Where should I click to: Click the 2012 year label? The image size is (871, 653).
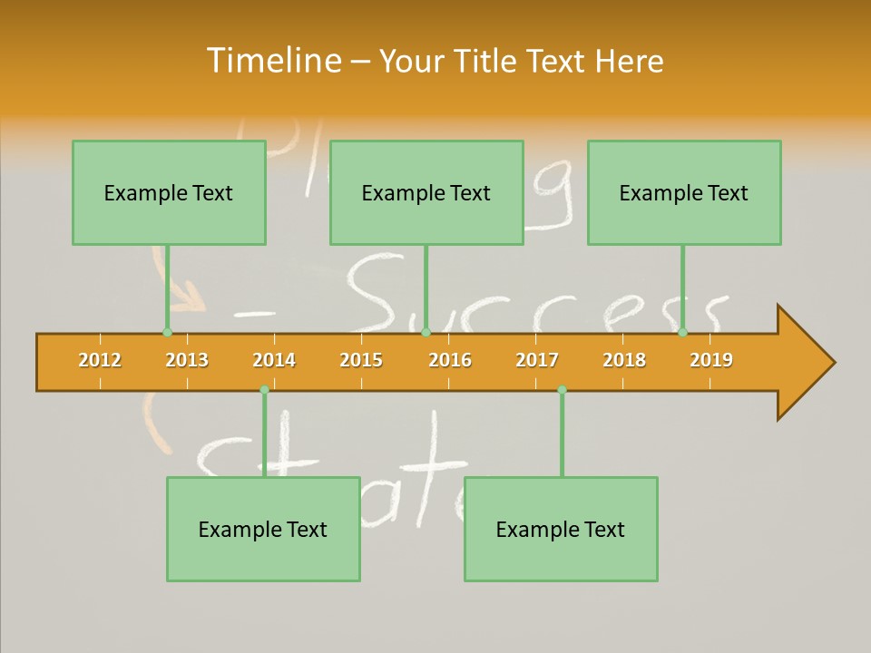pos(100,360)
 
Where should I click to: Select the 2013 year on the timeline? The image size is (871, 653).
pos(187,360)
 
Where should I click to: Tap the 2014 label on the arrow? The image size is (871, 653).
pos(274,360)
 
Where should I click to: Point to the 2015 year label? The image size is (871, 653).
pos(361,360)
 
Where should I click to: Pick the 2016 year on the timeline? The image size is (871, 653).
pos(450,360)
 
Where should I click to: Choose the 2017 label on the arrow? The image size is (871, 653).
pos(537,360)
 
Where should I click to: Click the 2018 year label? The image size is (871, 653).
pos(624,360)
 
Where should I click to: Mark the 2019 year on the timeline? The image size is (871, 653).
pos(711,360)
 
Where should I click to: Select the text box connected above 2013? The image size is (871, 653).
pos(169,193)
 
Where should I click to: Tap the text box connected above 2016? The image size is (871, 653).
pos(426,193)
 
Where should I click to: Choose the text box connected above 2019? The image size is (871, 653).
pos(684,193)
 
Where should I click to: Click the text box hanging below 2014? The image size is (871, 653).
pos(263,530)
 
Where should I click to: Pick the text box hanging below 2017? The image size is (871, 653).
pos(561,530)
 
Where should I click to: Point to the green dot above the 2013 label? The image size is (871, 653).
pos(167,332)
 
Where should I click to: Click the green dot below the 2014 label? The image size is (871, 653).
pos(264,390)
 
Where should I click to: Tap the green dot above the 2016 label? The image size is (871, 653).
pos(426,332)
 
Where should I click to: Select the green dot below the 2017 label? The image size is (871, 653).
pos(562,390)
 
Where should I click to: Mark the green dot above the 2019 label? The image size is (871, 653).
pos(683,332)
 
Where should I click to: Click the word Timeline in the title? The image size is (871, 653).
pos(272,61)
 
